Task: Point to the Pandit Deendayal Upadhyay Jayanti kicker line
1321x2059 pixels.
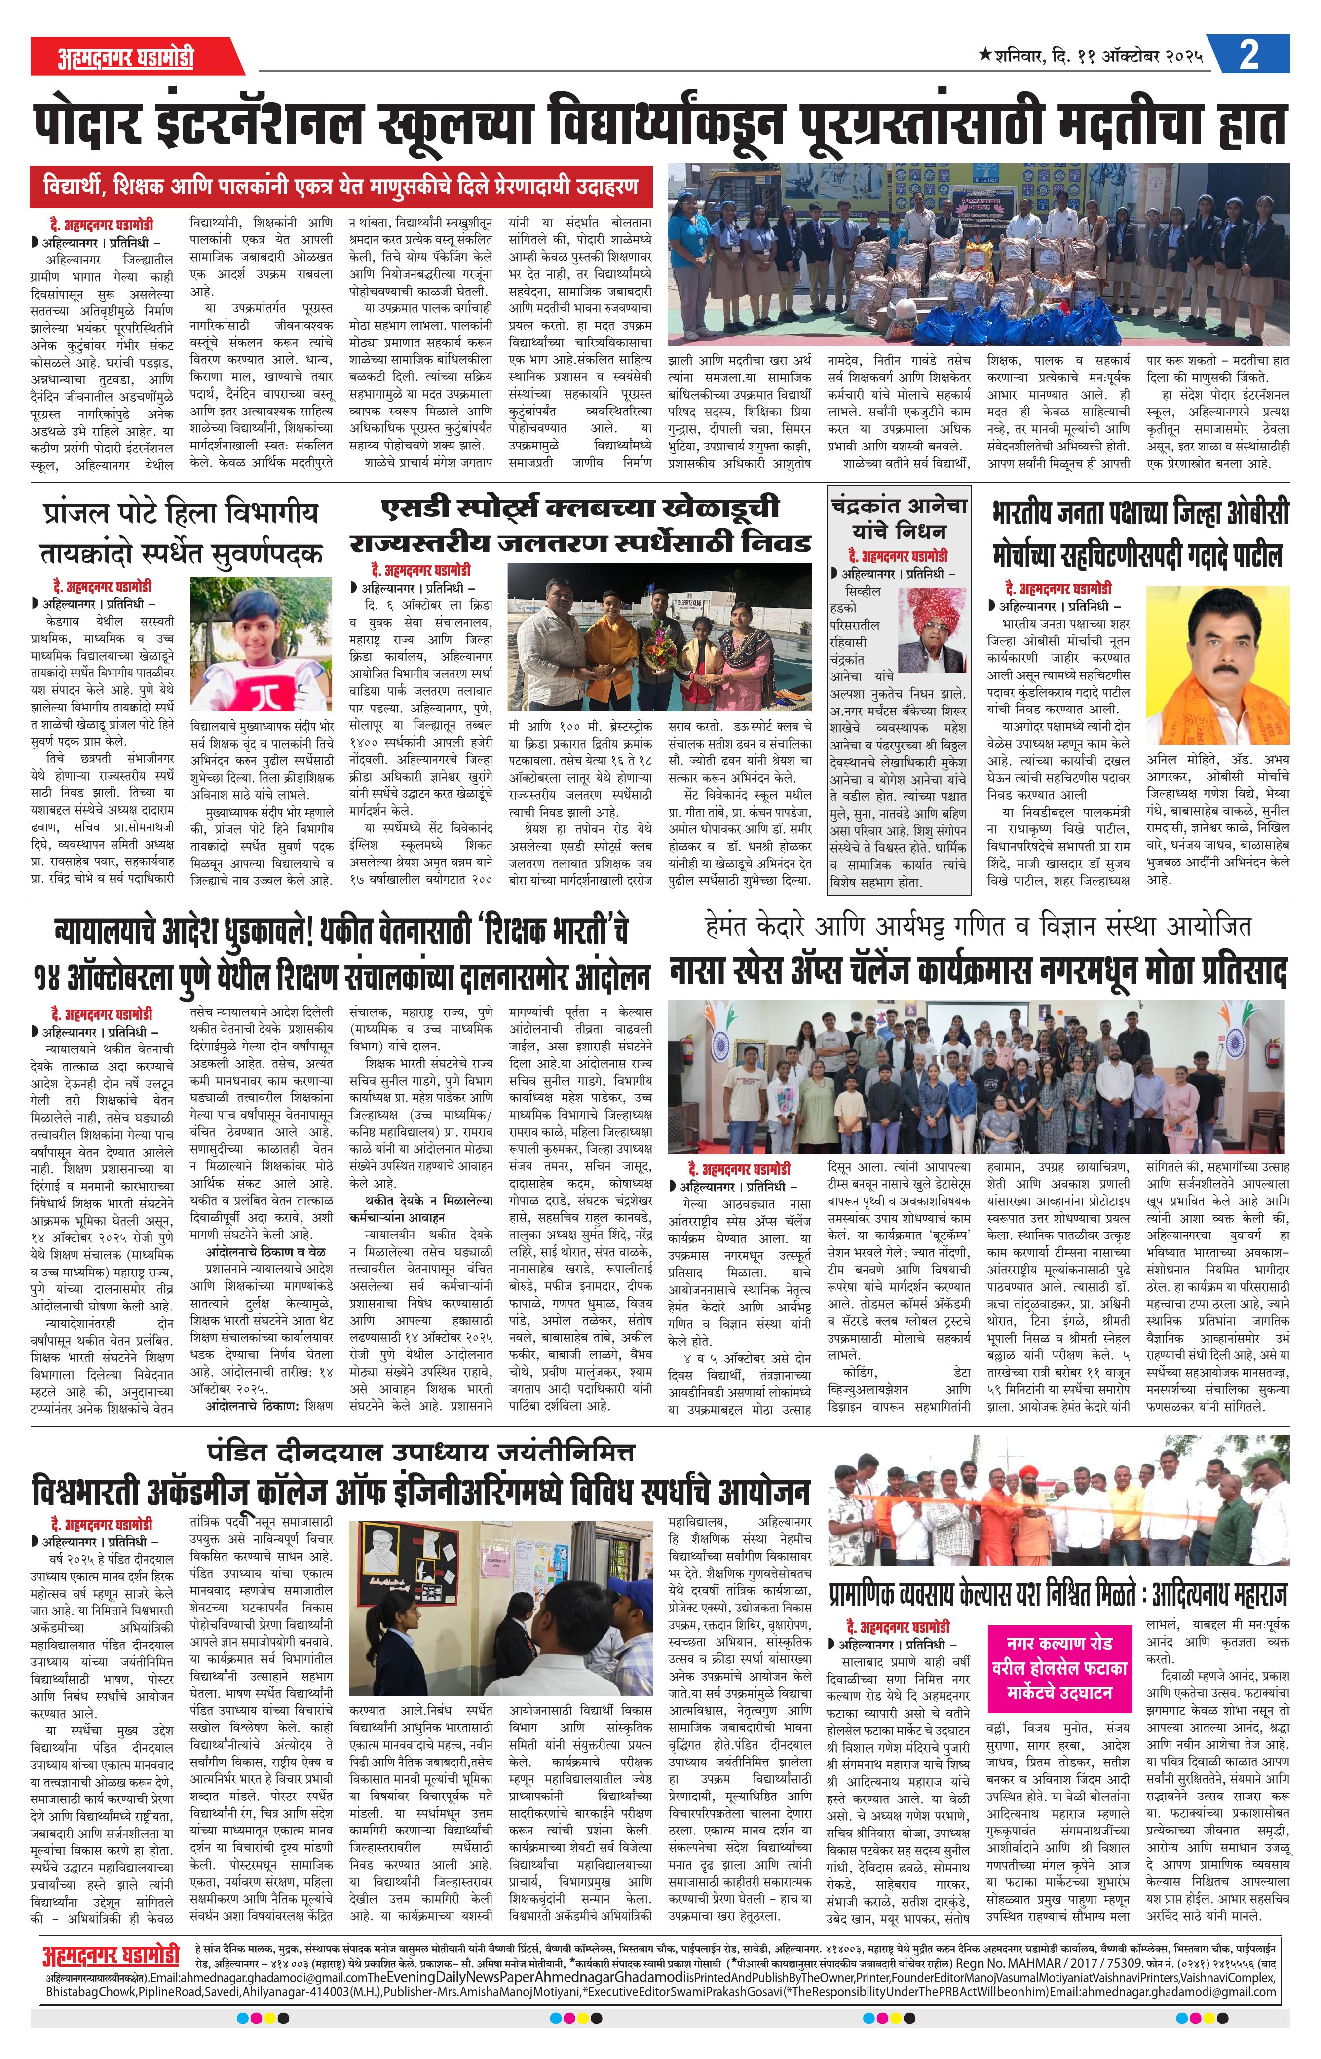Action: pos(420,1451)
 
